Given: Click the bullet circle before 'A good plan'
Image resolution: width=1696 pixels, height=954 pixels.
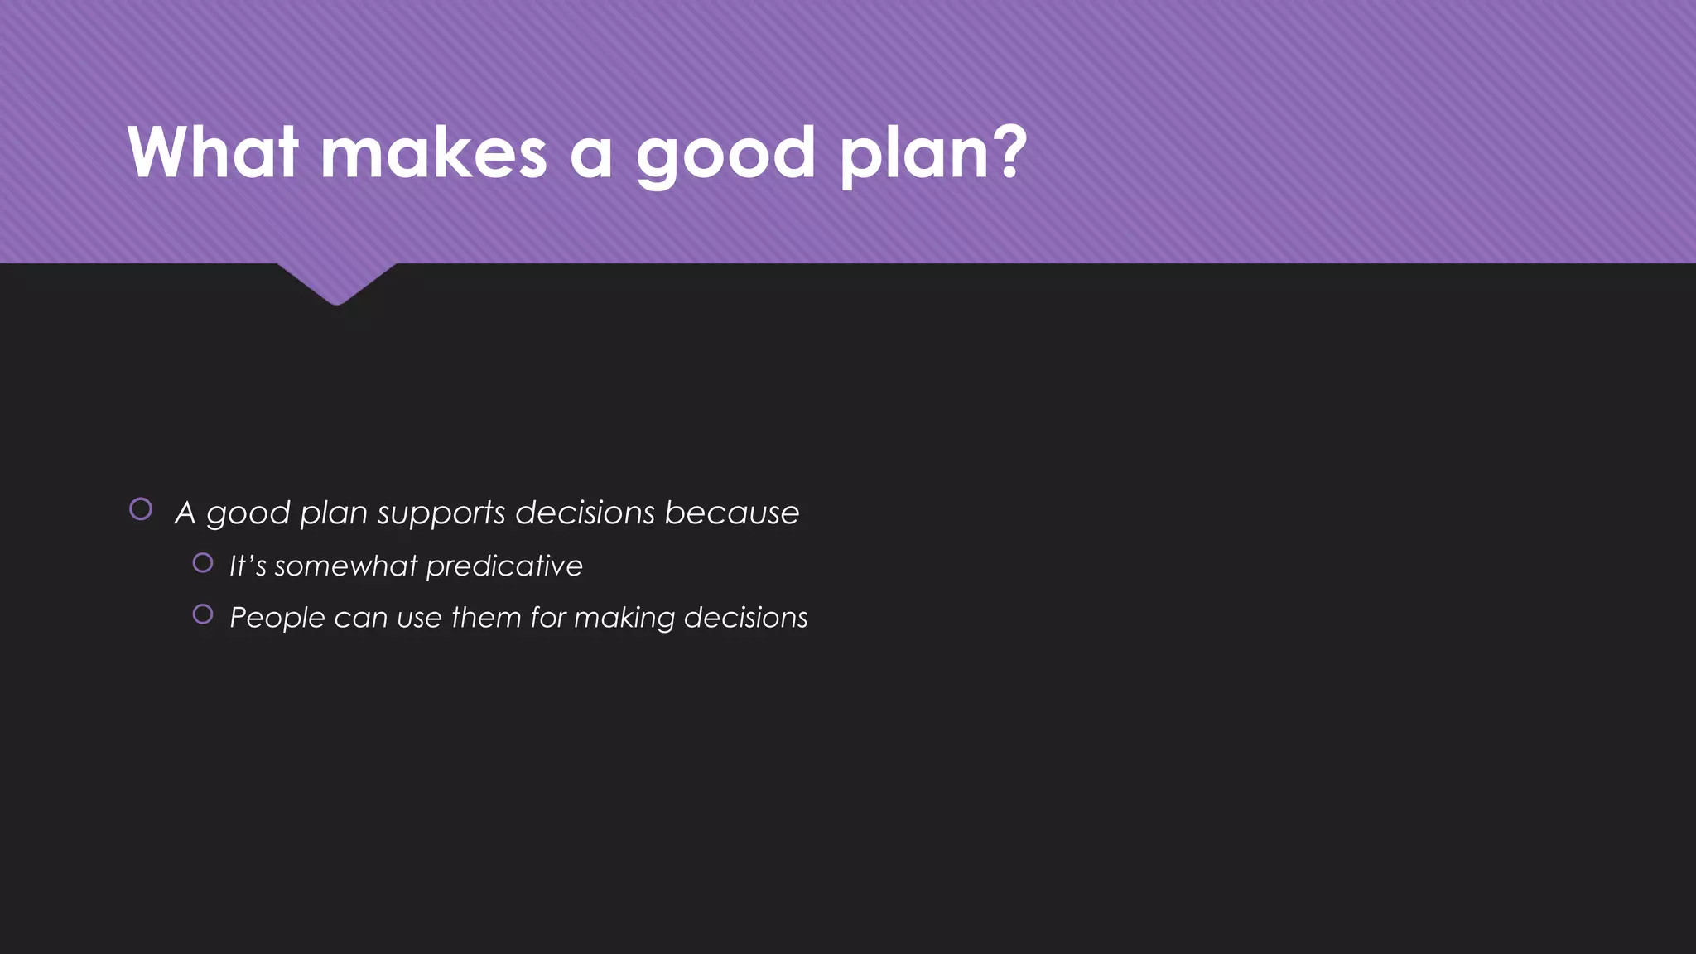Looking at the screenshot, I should [141, 509].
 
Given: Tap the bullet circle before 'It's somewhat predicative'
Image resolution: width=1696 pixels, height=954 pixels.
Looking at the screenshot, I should [203, 563].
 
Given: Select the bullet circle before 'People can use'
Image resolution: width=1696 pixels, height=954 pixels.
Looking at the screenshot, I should [203, 614].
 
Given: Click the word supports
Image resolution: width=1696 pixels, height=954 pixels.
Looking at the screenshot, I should [441, 513].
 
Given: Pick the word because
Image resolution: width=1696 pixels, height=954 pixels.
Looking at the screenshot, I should [731, 513].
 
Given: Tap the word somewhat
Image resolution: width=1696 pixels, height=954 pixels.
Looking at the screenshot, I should [346, 566].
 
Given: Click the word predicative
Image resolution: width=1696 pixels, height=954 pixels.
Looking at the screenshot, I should [504, 566].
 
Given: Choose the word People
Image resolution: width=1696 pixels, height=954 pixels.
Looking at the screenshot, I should [277, 618].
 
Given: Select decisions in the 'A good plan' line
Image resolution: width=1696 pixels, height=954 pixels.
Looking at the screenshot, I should [585, 513].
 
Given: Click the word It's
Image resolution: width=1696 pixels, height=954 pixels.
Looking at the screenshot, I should [248, 566].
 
